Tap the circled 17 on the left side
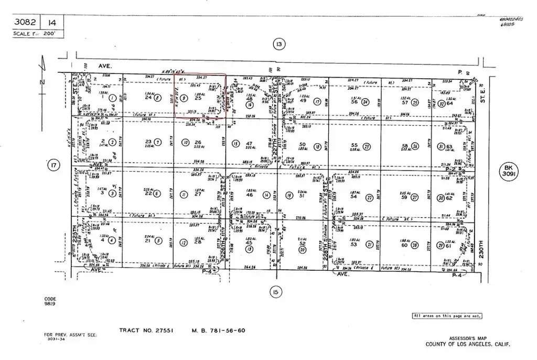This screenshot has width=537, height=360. pyautogui.click(x=52, y=166)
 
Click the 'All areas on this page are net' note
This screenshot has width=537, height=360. pyautogui.click(x=447, y=316)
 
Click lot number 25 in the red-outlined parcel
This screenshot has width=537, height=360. pyautogui.click(x=198, y=98)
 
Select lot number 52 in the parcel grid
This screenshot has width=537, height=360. pyautogui.click(x=302, y=243)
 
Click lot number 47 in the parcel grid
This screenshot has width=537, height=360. pyautogui.click(x=250, y=143)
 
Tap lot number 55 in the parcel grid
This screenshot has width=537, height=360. pyautogui.click(x=355, y=145)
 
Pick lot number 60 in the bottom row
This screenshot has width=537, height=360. pyautogui.click(x=404, y=245)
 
